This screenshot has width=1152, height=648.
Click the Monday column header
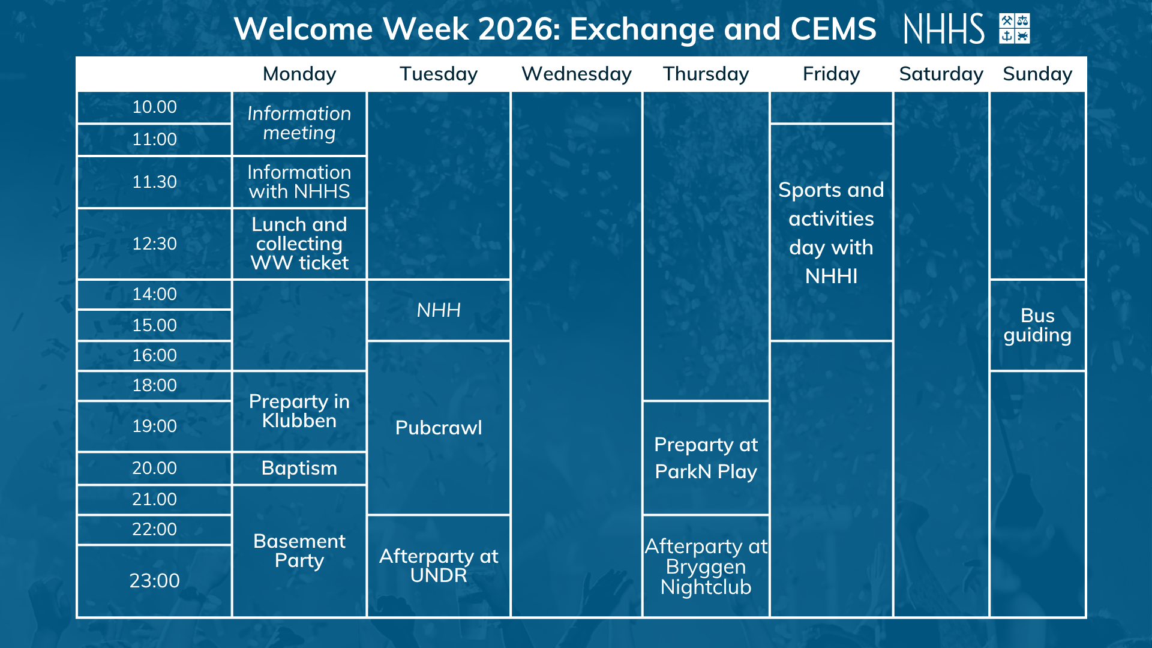(299, 74)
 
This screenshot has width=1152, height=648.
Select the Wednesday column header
(577, 74)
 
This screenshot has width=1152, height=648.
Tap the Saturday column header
(941, 74)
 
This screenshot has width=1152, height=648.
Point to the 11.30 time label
(154, 182)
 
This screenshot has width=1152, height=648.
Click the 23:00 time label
(154, 581)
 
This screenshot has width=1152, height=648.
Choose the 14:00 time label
(154, 294)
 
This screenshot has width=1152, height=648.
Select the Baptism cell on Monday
(299, 468)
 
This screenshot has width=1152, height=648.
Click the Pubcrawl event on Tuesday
(439, 428)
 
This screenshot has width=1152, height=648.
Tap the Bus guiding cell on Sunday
(1037, 325)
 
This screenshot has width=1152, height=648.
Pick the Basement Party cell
(299, 551)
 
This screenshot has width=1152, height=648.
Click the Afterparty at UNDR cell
(439, 566)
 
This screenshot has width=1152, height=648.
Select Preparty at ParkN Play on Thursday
(706, 458)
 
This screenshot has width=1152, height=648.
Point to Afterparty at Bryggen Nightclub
(706, 566)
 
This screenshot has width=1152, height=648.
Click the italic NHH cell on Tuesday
(439, 310)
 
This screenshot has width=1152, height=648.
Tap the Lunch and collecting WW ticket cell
(299, 244)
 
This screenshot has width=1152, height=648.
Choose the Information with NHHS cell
(299, 182)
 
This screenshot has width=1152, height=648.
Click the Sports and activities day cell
(831, 233)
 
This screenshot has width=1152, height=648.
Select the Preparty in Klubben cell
(299, 411)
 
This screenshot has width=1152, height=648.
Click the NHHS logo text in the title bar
(944, 29)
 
